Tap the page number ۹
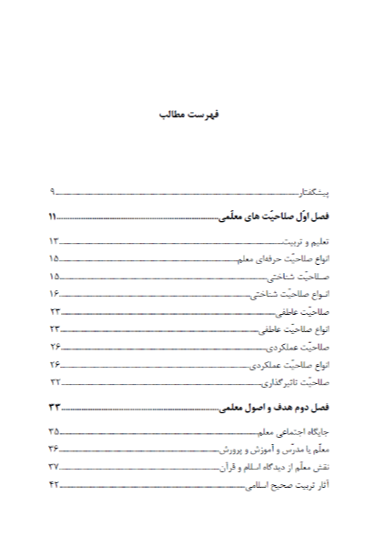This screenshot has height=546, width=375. (x=54, y=193)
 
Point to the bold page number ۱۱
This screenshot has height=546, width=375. (x=54, y=218)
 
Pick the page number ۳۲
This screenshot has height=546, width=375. (x=54, y=382)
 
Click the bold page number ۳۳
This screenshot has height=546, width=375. (x=54, y=407)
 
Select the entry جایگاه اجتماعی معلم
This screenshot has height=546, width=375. (x=292, y=431)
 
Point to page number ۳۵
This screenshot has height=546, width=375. (x=54, y=431)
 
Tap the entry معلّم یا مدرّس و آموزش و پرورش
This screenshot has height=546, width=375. (x=276, y=449)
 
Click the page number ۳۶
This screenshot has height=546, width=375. (x=54, y=449)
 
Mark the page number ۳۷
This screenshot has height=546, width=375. (x=54, y=466)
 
